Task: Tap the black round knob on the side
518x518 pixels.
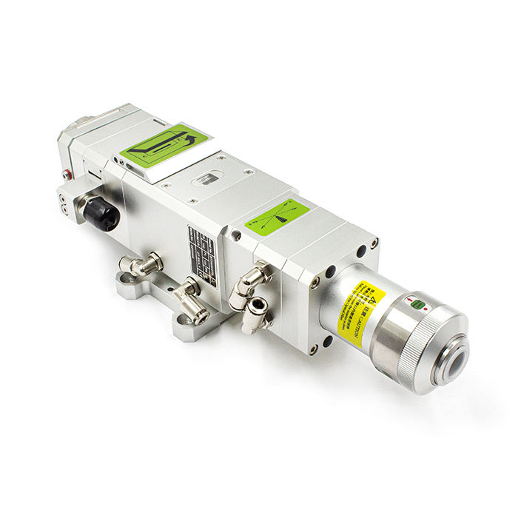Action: (x=101, y=212)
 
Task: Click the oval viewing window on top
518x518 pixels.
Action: (x=208, y=180)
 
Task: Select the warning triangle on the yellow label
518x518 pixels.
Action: (x=373, y=299)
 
